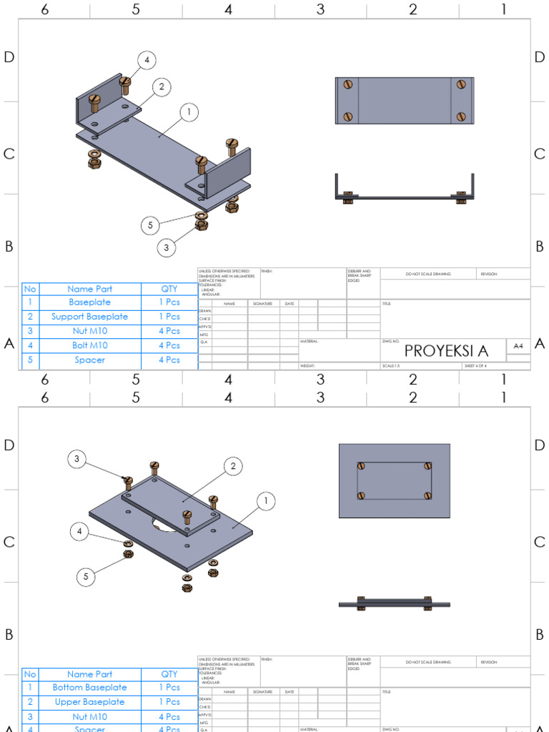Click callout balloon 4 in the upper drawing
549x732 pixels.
tap(147, 61)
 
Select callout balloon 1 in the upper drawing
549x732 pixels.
tap(189, 112)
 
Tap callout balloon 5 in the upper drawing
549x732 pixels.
tap(150, 225)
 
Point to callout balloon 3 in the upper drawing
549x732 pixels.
tap(166, 248)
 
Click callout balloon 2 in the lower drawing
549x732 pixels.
tap(233, 467)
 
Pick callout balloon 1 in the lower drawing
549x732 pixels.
tap(265, 502)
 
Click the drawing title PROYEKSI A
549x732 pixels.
tap(446, 351)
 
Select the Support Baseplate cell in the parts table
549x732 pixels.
tap(90, 317)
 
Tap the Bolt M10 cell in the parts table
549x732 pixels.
tap(90, 345)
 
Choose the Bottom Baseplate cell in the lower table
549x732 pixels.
tap(90, 688)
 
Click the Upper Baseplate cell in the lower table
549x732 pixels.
tap(90, 702)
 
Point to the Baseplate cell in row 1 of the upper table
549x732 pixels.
tap(90, 302)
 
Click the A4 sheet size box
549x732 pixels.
tap(518, 346)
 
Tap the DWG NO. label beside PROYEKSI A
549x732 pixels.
tap(391, 341)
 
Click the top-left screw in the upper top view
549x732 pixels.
tap(348, 84)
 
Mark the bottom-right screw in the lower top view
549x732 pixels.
tap(428, 495)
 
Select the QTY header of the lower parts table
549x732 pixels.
tap(169, 674)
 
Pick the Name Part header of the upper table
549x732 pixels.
tap(90, 289)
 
